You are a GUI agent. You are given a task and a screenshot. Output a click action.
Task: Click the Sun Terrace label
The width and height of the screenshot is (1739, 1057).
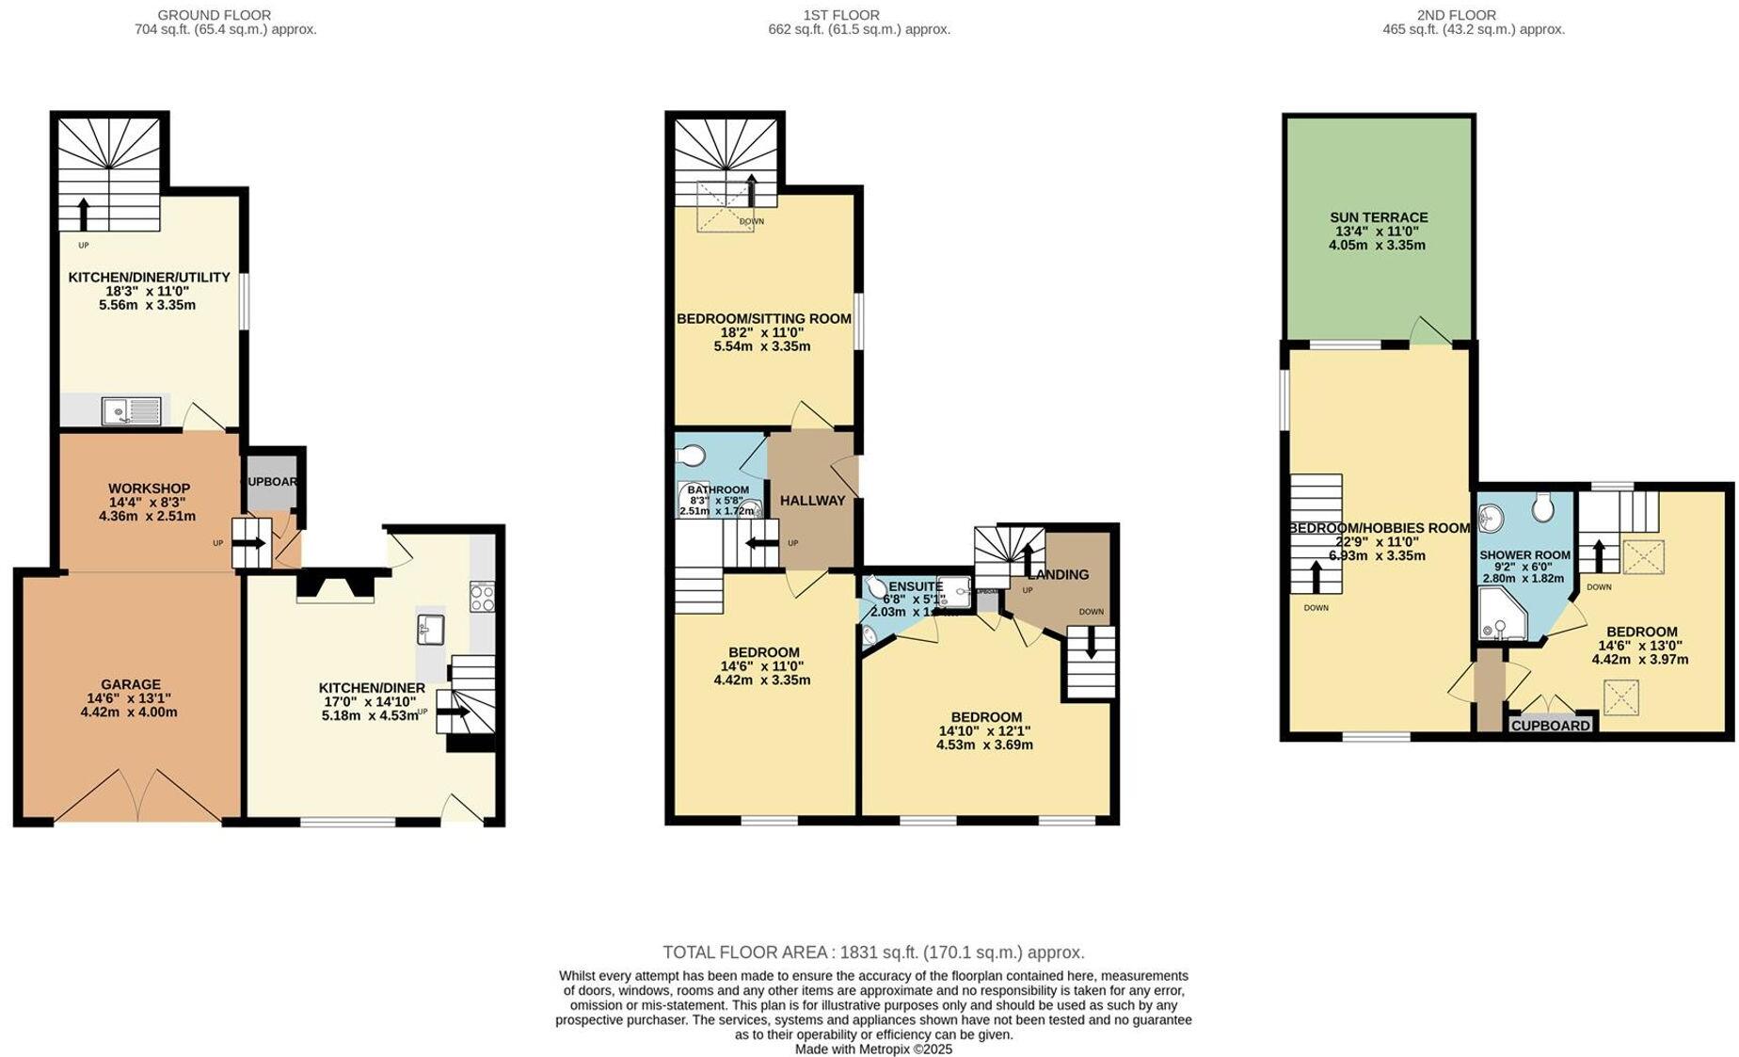coord(1378,217)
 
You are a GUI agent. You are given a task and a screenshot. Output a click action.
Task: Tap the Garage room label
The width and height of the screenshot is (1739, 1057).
coord(131,684)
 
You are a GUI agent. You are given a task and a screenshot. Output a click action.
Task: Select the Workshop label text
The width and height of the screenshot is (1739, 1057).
coord(149,488)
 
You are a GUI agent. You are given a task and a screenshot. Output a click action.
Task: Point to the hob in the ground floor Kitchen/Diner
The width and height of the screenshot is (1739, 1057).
coord(483,597)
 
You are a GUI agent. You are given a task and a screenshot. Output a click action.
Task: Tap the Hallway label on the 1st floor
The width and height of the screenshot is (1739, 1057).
coord(812,501)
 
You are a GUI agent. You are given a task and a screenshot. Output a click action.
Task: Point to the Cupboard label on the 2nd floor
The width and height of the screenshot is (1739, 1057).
coord(1551,726)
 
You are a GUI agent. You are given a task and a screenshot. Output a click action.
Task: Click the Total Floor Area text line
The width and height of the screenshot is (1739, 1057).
coord(873,953)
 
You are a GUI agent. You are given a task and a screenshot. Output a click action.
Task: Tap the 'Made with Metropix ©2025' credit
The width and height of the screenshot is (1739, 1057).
coord(873,1049)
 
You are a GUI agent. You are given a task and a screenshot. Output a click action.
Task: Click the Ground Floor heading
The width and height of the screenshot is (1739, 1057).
coord(214,15)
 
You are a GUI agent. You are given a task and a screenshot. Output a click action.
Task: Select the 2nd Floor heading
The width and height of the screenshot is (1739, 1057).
coord(1456,15)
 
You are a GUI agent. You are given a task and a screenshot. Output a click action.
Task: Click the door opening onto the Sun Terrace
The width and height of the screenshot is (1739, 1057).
coord(1431,331)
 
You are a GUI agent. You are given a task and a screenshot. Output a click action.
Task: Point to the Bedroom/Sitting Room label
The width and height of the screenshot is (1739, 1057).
coord(763,319)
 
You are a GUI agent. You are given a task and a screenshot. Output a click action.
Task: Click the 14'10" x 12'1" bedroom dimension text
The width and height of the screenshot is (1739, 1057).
coord(984,730)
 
